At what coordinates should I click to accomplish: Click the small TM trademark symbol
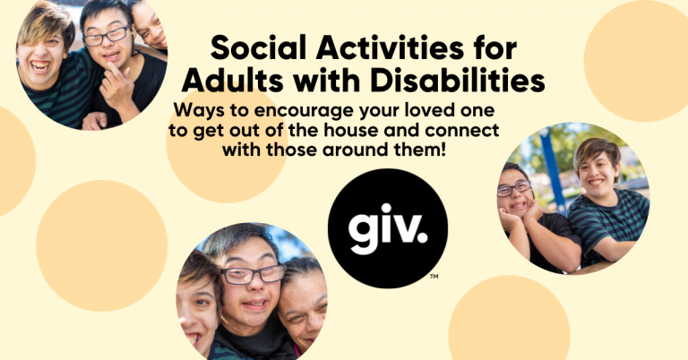tap(434, 277)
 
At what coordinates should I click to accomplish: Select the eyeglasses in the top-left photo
tap(107, 36)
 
